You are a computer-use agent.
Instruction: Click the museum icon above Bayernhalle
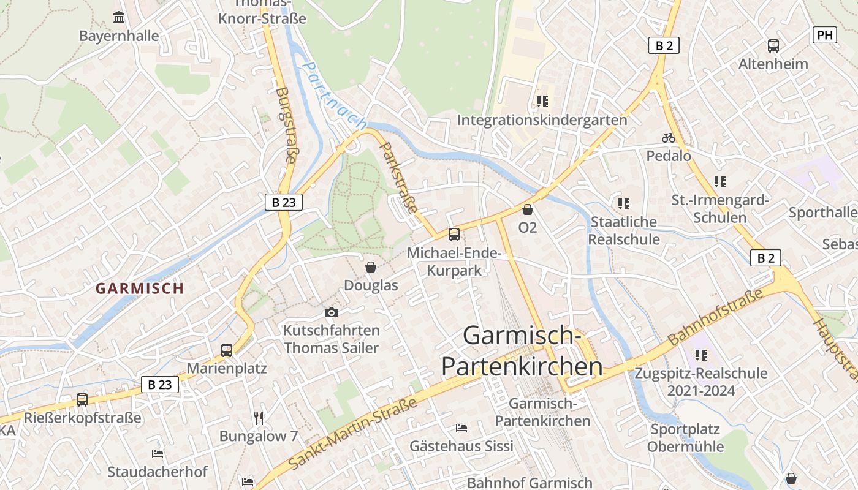(120, 17)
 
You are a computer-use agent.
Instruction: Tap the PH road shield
(825, 35)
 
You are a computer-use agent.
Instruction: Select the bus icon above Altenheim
(773, 45)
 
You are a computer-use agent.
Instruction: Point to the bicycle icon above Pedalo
(669, 138)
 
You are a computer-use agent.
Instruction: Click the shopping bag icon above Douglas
(371, 267)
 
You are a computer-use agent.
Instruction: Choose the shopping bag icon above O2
(528, 209)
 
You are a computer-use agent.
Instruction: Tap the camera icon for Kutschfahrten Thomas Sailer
(332, 312)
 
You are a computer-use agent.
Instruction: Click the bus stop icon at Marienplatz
(227, 350)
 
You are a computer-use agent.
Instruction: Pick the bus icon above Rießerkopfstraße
(82, 400)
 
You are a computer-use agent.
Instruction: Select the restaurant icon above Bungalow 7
(259, 418)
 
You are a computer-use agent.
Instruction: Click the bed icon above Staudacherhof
(158, 454)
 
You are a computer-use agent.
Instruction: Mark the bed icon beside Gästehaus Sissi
(461, 428)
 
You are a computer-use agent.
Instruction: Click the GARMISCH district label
(140, 288)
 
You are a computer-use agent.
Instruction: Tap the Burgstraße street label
(286, 125)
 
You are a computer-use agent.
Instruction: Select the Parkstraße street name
(400, 178)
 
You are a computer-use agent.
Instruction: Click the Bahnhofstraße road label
(715, 317)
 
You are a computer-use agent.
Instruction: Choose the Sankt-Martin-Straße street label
(352, 434)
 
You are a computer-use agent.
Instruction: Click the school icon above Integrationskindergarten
(542, 101)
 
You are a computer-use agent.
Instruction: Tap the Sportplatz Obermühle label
(685, 437)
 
